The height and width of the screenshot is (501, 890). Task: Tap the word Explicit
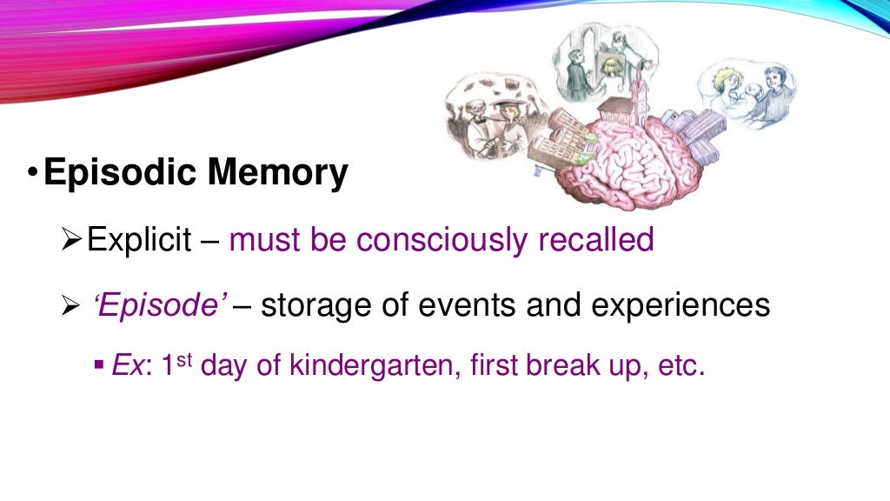point(139,239)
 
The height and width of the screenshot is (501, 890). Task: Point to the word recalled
point(594,239)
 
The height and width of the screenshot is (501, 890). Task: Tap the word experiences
point(681,305)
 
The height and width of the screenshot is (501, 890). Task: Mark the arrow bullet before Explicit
point(74,239)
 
